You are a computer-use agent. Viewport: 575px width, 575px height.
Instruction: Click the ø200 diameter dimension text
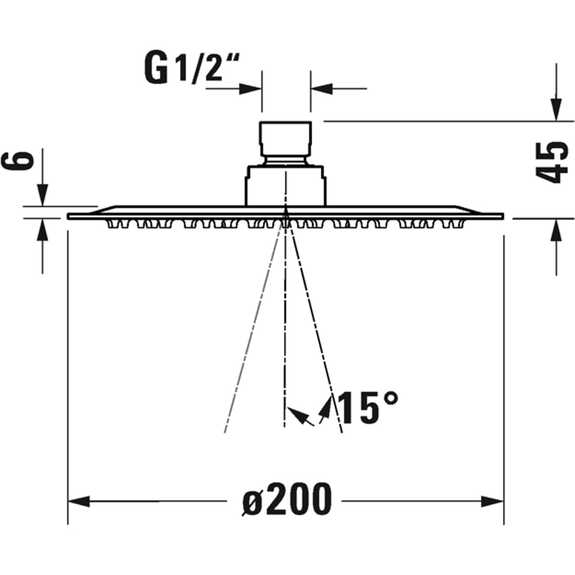286,499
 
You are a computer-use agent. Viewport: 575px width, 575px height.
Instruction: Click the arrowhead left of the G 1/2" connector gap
252,89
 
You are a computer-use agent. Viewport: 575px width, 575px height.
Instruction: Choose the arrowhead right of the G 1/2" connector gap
321,89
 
